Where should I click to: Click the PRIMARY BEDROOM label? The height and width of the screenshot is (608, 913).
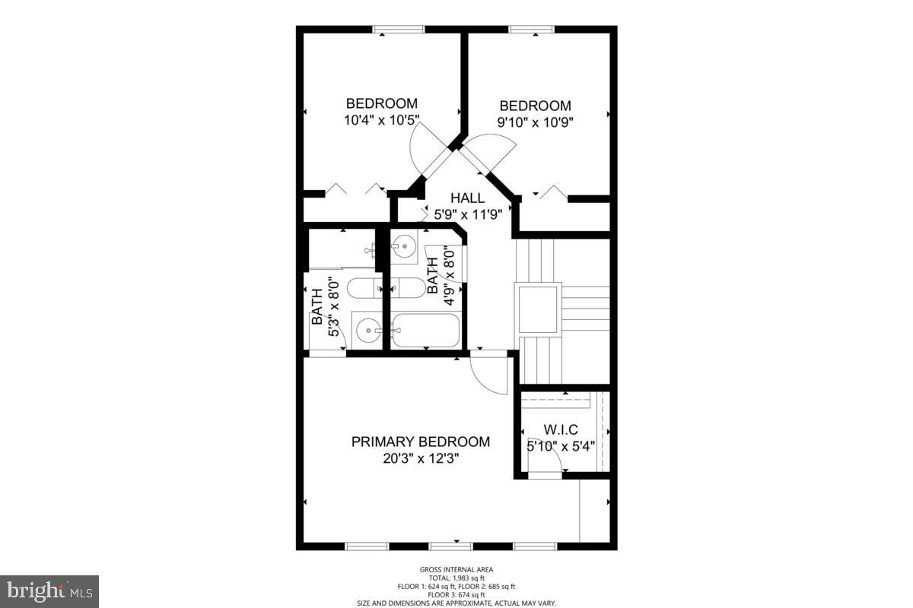[x=420, y=442]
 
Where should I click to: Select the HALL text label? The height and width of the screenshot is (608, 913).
[x=467, y=198]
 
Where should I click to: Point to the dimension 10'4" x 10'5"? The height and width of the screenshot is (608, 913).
[x=381, y=120]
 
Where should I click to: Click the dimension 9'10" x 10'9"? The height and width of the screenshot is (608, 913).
[x=534, y=122]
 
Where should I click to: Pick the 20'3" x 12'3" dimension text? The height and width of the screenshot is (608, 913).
[x=420, y=459]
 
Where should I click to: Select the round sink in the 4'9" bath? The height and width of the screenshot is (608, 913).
[x=404, y=245]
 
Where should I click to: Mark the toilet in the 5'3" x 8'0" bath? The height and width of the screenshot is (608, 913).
[x=364, y=288]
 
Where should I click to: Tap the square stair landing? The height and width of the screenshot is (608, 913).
[x=539, y=308]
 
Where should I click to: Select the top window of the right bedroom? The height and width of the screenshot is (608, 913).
[x=532, y=30]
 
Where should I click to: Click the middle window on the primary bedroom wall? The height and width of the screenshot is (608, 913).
[x=450, y=546]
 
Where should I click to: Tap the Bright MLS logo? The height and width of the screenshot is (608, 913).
[x=49, y=591]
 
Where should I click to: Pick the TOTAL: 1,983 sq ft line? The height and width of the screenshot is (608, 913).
[x=456, y=578]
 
